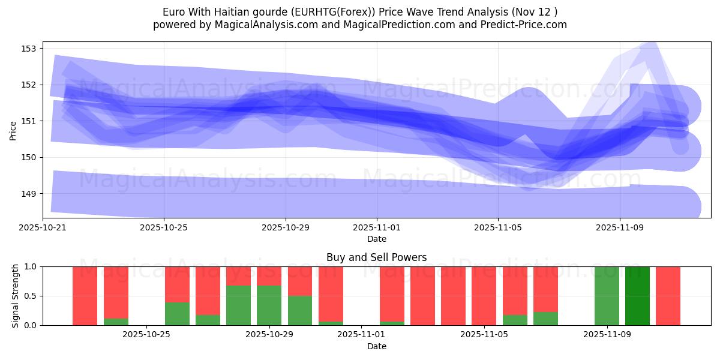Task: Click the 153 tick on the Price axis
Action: tap(29, 48)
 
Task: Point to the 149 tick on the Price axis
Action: tap(29, 194)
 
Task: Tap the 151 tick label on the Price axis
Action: tap(29, 121)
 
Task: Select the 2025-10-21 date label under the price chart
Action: tap(43, 228)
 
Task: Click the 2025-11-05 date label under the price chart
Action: tap(498, 228)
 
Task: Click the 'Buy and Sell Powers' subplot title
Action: tap(376, 257)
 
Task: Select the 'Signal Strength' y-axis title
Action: tap(15, 296)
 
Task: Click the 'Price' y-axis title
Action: tap(13, 130)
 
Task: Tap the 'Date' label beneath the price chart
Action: tap(376, 239)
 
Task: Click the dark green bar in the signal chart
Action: tap(637, 296)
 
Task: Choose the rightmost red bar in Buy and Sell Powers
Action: tap(668, 296)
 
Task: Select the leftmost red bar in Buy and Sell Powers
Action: tap(85, 296)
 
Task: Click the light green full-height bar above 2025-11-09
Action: tap(607, 296)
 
